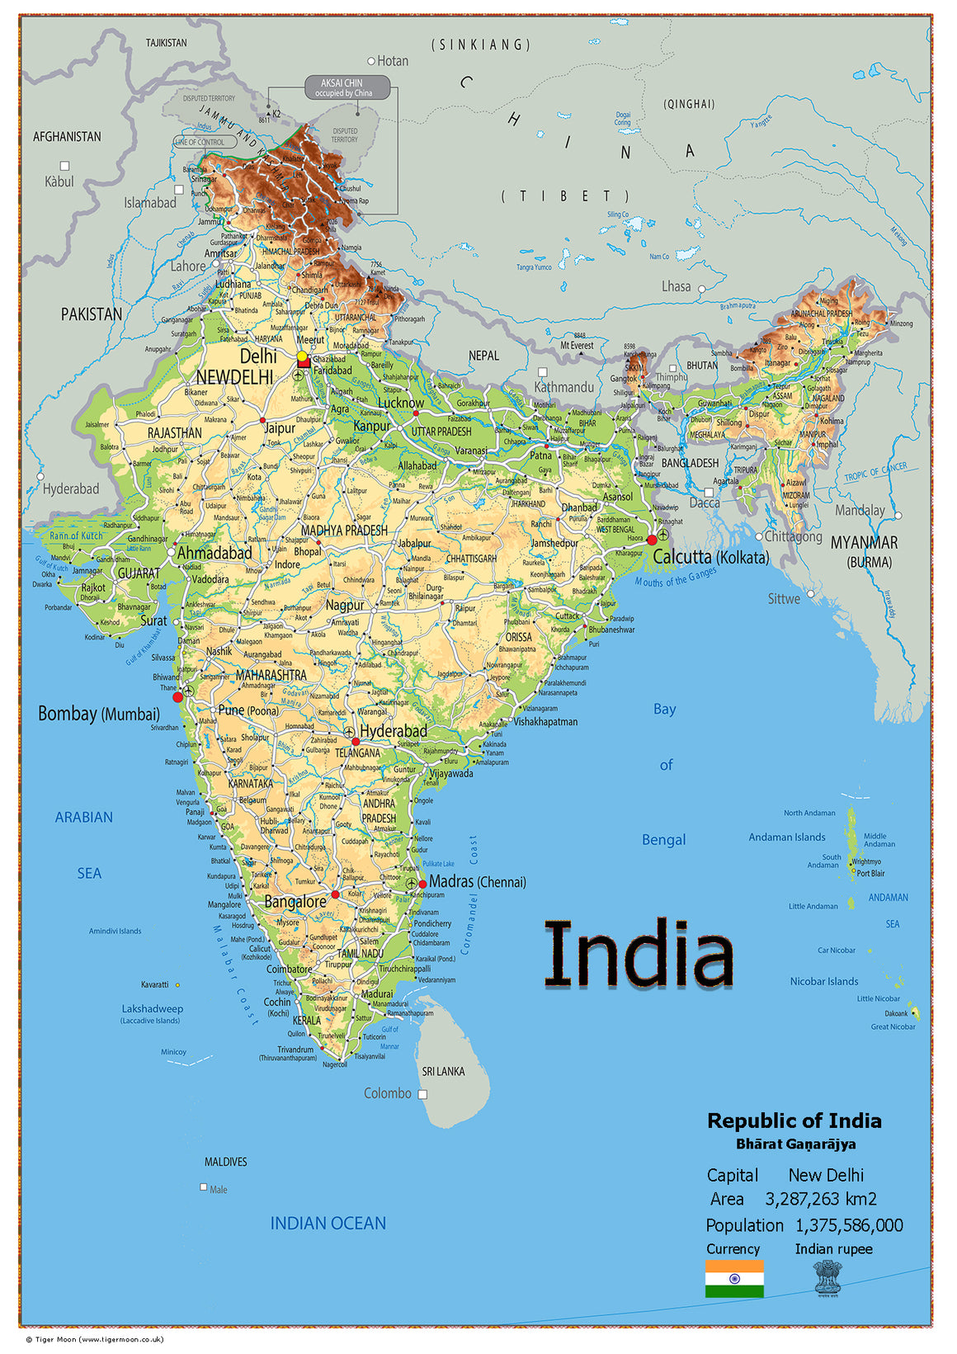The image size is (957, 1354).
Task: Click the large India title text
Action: (639, 955)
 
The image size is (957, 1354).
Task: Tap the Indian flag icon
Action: (733, 1278)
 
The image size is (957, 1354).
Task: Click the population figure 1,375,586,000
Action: (849, 1225)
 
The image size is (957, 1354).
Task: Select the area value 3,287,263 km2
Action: (821, 1199)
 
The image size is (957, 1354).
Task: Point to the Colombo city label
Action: (387, 1093)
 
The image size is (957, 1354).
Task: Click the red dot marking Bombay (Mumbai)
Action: (177, 697)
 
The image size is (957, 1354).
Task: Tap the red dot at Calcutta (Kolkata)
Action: (652, 540)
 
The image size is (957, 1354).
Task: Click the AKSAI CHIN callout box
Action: (346, 87)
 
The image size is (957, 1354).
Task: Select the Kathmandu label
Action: (563, 387)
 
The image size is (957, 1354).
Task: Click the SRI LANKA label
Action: (443, 1071)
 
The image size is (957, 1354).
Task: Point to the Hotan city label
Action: (393, 61)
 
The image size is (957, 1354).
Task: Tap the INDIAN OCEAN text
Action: (328, 1223)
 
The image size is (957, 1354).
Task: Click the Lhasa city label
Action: (676, 286)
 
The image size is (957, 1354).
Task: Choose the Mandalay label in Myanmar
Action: (859, 510)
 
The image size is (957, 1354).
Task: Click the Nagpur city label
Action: (344, 605)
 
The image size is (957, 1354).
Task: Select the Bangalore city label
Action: (295, 902)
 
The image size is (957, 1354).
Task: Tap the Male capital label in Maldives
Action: (218, 1189)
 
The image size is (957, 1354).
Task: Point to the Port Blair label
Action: (870, 873)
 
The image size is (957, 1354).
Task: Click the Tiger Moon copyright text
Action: (94, 1339)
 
